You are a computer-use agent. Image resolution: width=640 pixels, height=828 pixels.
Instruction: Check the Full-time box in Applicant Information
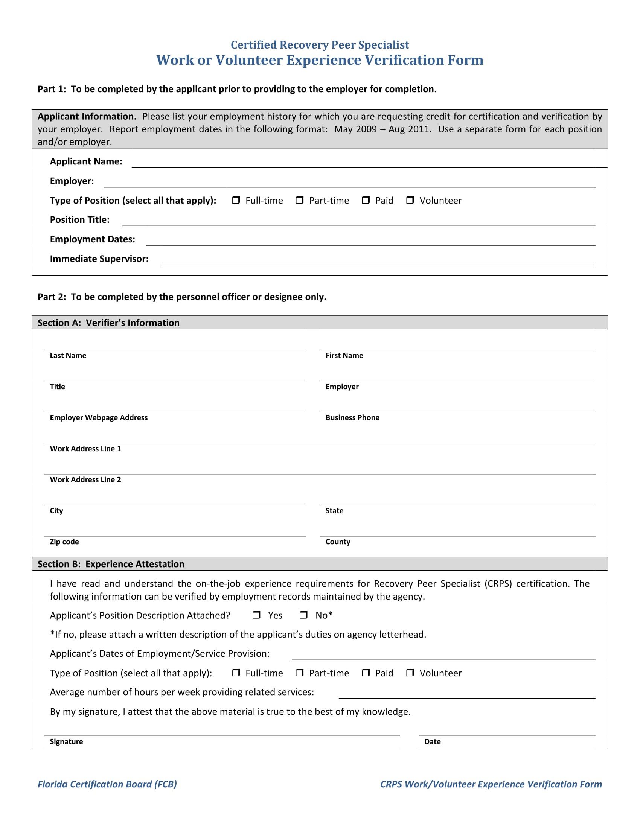click(236, 200)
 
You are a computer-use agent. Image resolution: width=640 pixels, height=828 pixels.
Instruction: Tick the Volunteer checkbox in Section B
click(410, 673)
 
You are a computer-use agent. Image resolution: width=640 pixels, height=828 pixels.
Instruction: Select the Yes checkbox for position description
click(256, 615)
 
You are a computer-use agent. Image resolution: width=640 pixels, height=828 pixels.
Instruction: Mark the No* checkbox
click(303, 615)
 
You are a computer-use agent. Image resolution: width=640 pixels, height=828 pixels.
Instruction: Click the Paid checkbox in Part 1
click(366, 200)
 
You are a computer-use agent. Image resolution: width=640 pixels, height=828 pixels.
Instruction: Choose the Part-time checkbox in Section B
click(300, 673)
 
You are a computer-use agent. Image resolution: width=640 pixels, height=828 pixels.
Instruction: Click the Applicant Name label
click(86, 161)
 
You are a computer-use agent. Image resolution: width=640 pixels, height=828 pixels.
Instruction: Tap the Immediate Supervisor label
click(99, 259)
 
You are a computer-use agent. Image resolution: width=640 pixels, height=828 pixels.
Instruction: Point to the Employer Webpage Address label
click(99, 417)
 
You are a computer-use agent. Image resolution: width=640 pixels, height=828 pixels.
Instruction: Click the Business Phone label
click(352, 417)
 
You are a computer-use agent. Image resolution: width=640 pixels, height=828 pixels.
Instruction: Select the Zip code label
click(64, 542)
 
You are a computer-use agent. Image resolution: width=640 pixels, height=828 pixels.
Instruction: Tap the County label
click(337, 542)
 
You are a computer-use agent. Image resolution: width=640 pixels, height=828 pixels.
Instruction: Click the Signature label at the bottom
click(66, 741)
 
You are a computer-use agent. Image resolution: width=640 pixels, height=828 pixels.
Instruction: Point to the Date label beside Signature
click(432, 741)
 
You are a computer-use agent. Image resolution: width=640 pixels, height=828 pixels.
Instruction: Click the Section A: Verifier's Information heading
click(108, 323)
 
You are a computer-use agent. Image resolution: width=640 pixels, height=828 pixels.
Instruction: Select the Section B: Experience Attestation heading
click(111, 564)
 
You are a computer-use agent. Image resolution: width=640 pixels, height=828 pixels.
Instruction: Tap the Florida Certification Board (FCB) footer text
click(107, 784)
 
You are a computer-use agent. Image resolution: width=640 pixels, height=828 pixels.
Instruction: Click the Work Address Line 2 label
click(85, 479)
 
